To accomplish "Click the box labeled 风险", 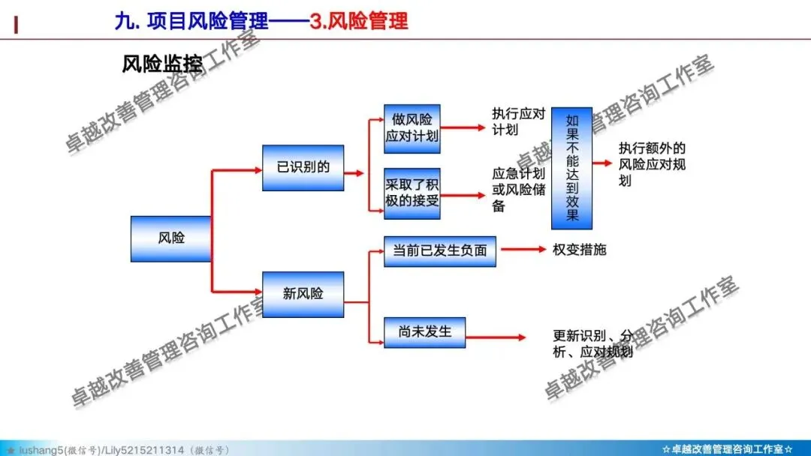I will click(171, 238).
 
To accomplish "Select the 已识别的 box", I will click(303, 167).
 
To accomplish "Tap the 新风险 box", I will click(303, 294).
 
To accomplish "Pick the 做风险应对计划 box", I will click(412, 128).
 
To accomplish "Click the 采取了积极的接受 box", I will click(412, 193).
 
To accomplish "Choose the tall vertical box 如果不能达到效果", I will click(571, 168).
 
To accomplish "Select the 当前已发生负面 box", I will click(440, 251).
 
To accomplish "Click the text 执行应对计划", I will click(518, 121).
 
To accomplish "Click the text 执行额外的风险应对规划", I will click(652, 164).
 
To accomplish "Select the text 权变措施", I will click(579, 250).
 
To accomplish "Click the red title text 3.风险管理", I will click(359, 20).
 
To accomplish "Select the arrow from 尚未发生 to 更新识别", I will click(496, 337).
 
